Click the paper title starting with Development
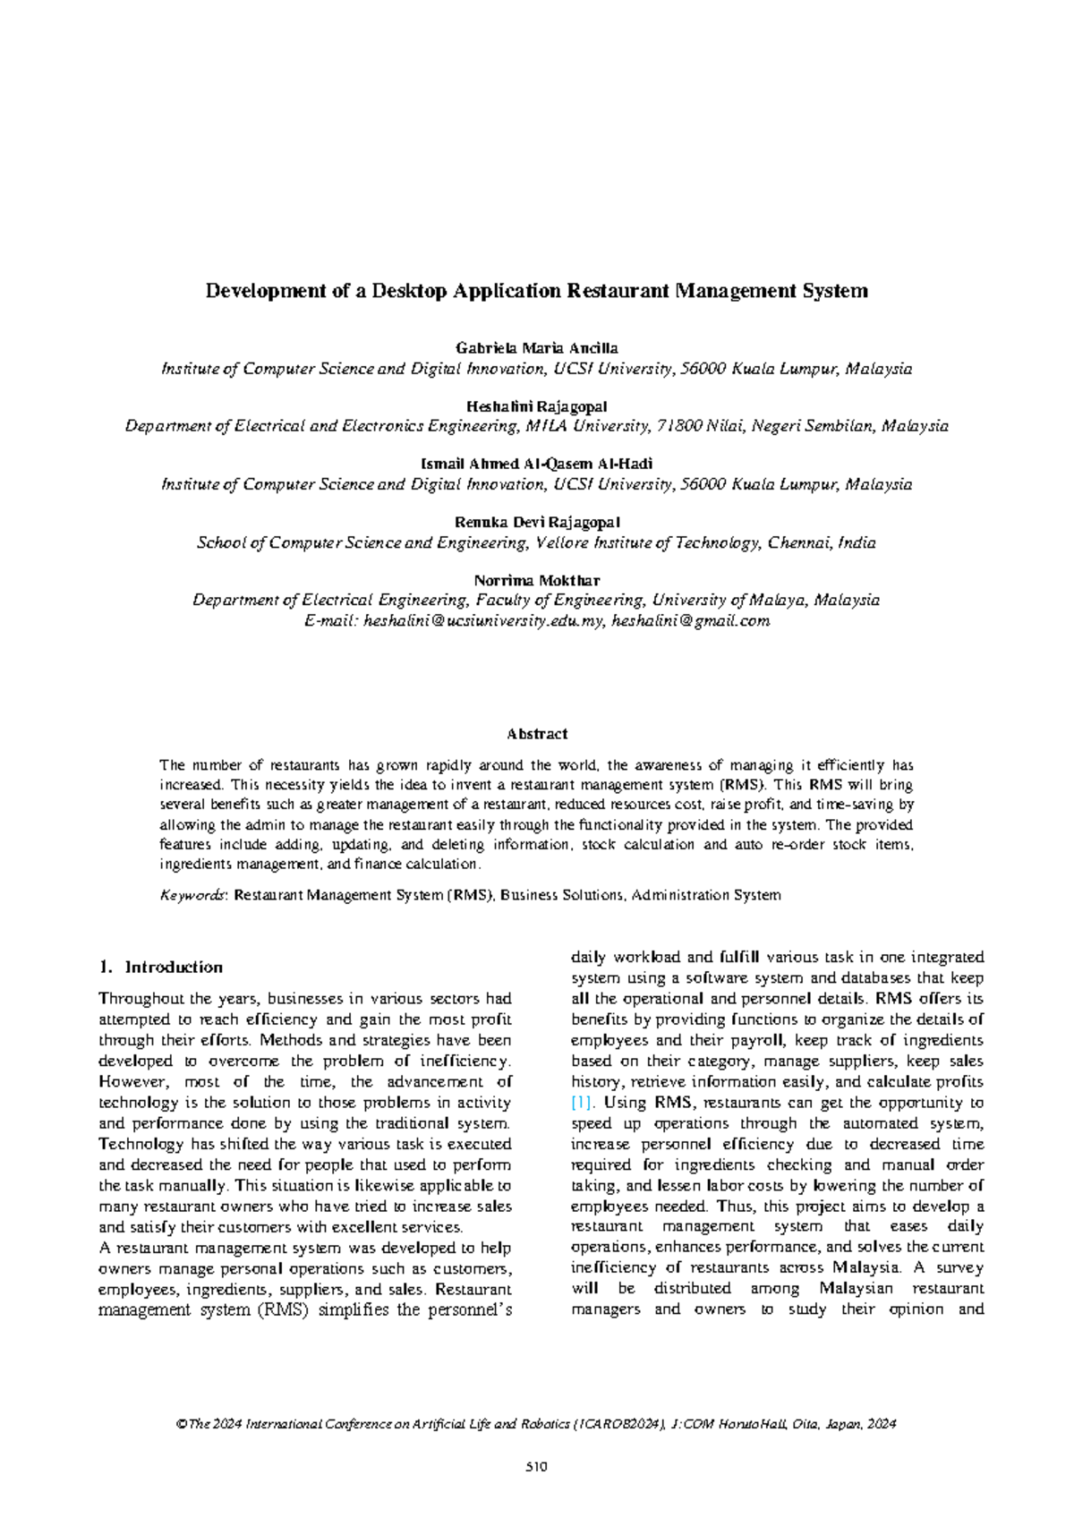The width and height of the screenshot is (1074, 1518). tap(537, 291)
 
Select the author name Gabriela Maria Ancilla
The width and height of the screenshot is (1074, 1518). tap(537, 347)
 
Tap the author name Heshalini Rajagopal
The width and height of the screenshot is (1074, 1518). tap(537, 405)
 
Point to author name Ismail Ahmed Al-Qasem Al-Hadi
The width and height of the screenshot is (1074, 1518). tap(537, 464)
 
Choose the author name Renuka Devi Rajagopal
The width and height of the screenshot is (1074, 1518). tap(537, 522)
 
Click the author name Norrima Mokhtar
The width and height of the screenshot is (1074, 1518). tap(537, 580)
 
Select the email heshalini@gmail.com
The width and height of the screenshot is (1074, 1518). tap(690, 620)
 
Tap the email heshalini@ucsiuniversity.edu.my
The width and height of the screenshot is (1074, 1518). tap(483, 620)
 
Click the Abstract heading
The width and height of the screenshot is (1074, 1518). tap(537, 734)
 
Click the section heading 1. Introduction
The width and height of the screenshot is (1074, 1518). tap(161, 967)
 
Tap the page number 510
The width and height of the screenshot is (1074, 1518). tap(536, 1466)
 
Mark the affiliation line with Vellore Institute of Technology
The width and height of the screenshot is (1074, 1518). tap(537, 542)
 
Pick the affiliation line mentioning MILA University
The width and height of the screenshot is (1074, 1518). tap(537, 426)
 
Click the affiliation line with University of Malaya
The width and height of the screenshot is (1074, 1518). tap(537, 600)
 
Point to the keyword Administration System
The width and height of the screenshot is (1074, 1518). tap(706, 894)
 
